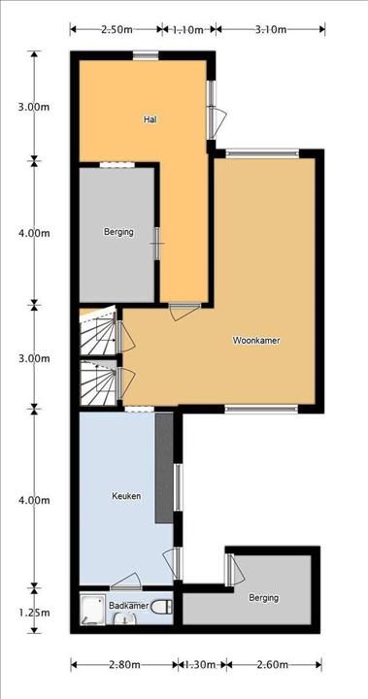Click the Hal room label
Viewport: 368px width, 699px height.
151,119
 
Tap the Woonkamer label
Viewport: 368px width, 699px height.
256,341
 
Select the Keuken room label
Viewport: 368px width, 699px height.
126,496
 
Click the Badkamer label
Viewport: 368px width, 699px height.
128,606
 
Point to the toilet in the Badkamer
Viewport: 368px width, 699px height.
161,606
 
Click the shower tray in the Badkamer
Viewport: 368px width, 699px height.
93,609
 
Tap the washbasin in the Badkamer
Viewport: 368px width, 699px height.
124,618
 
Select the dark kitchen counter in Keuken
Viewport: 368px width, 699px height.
164,468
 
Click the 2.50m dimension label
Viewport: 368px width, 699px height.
117,30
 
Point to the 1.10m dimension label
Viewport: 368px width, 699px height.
188,30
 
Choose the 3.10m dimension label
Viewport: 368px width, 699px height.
271,30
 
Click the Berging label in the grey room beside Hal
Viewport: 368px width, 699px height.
118,232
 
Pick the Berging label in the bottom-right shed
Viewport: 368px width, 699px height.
264,598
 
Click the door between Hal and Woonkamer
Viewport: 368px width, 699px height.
184,310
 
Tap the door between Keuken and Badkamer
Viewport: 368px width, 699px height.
126,582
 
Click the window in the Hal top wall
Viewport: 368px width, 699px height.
146,55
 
